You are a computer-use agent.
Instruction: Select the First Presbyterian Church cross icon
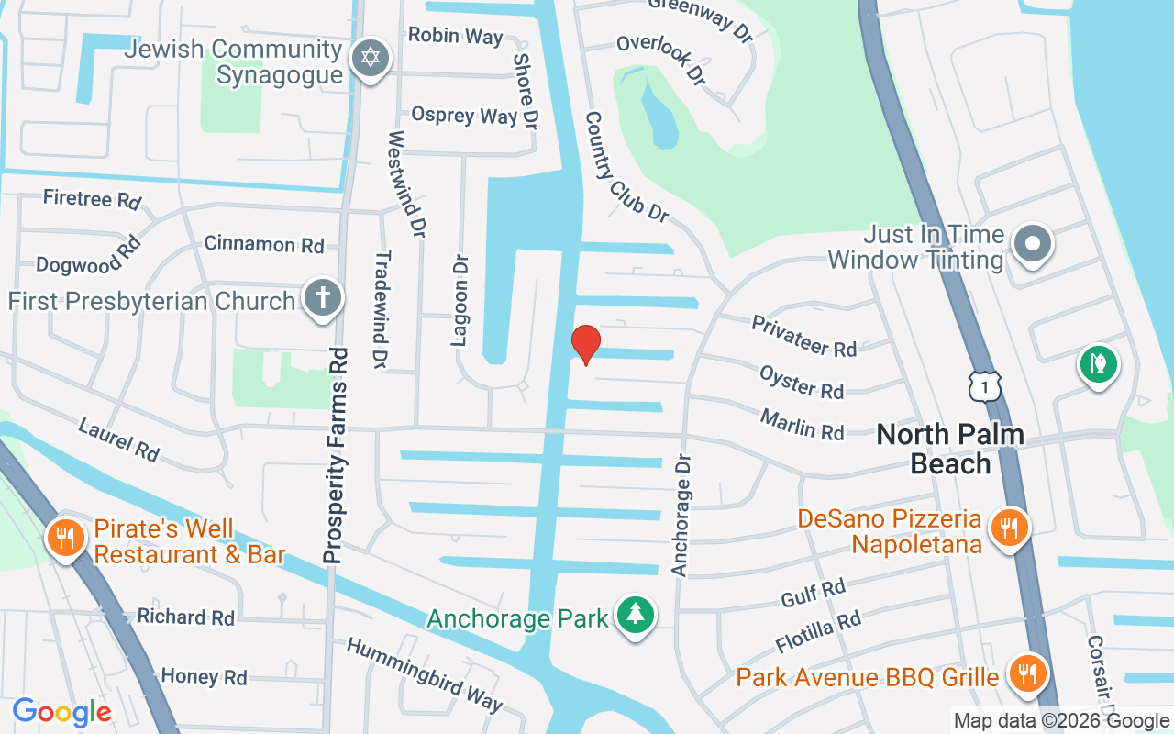click(x=323, y=299)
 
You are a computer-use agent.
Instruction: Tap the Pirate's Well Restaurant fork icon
click(x=65, y=538)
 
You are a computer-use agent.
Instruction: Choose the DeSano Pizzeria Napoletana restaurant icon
click(x=1009, y=528)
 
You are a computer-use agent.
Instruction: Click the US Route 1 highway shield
click(x=983, y=386)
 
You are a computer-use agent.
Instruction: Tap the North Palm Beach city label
click(x=950, y=448)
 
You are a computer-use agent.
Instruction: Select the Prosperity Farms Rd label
click(x=337, y=455)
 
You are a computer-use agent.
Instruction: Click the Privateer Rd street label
click(x=803, y=336)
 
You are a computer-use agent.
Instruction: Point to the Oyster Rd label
click(x=801, y=381)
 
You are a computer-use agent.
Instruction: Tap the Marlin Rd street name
click(x=802, y=424)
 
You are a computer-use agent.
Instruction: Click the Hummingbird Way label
click(x=424, y=674)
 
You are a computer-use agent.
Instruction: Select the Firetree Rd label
click(x=92, y=197)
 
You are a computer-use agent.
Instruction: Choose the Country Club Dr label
click(x=626, y=167)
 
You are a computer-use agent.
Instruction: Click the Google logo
click(x=61, y=711)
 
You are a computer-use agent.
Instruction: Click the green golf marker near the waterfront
click(x=1098, y=364)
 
